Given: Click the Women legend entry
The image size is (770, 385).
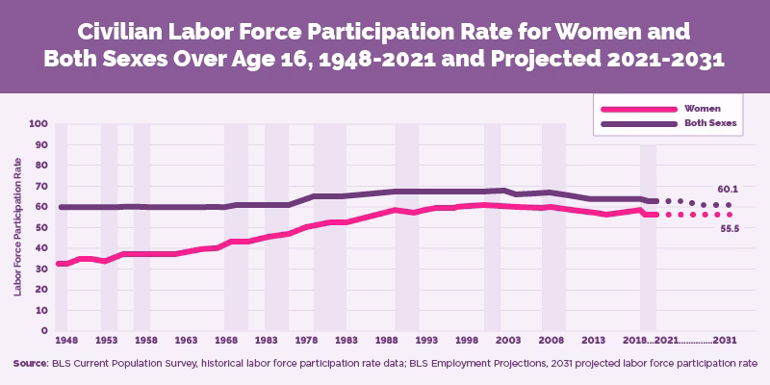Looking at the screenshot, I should pos(701,109).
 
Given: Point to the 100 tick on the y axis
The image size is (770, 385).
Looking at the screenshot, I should pos(38,123).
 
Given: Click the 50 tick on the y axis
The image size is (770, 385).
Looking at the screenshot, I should pos(41,227).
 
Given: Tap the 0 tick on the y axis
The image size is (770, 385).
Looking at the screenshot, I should pos(44,331).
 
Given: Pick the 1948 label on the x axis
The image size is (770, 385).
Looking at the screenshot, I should pos(66,341).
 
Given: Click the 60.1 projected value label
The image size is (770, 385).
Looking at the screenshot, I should pos(728,189).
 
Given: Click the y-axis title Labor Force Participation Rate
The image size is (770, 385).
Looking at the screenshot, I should pos(18,227).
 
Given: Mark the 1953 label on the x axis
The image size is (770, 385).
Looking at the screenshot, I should pos(108,341).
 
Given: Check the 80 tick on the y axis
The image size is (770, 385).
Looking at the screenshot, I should pos(41,165).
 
